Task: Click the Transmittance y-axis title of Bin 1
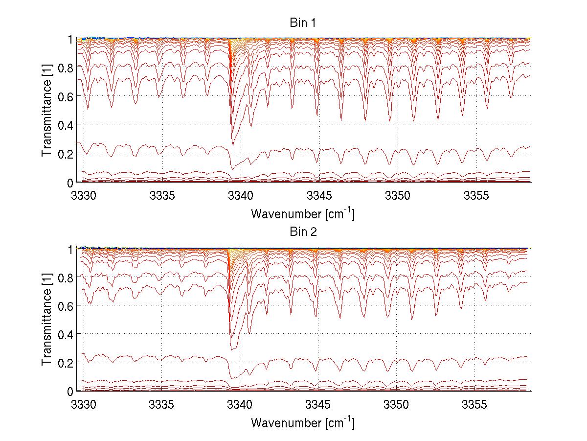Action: [x=47, y=111]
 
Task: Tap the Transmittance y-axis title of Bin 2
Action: [x=47, y=320]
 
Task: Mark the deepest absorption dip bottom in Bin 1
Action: [x=232, y=145]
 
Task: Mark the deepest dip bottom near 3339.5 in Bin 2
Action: [x=232, y=349]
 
